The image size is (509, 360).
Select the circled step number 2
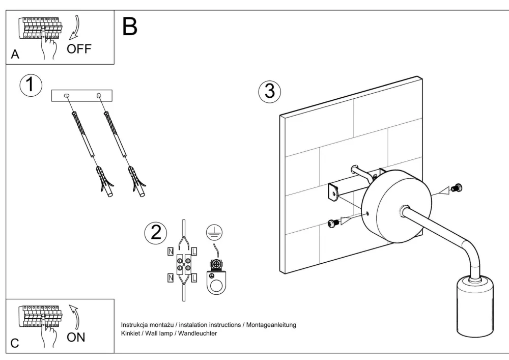pyautogui.click(x=156, y=233)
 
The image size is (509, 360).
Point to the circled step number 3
pyautogui.click(x=269, y=92)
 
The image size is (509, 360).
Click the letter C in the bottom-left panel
pyautogui.click(x=15, y=342)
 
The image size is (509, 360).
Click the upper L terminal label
pyautogui.click(x=194, y=251)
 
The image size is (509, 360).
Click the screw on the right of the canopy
pyautogui.click(x=458, y=188)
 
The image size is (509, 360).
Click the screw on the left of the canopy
pyautogui.click(x=334, y=223)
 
